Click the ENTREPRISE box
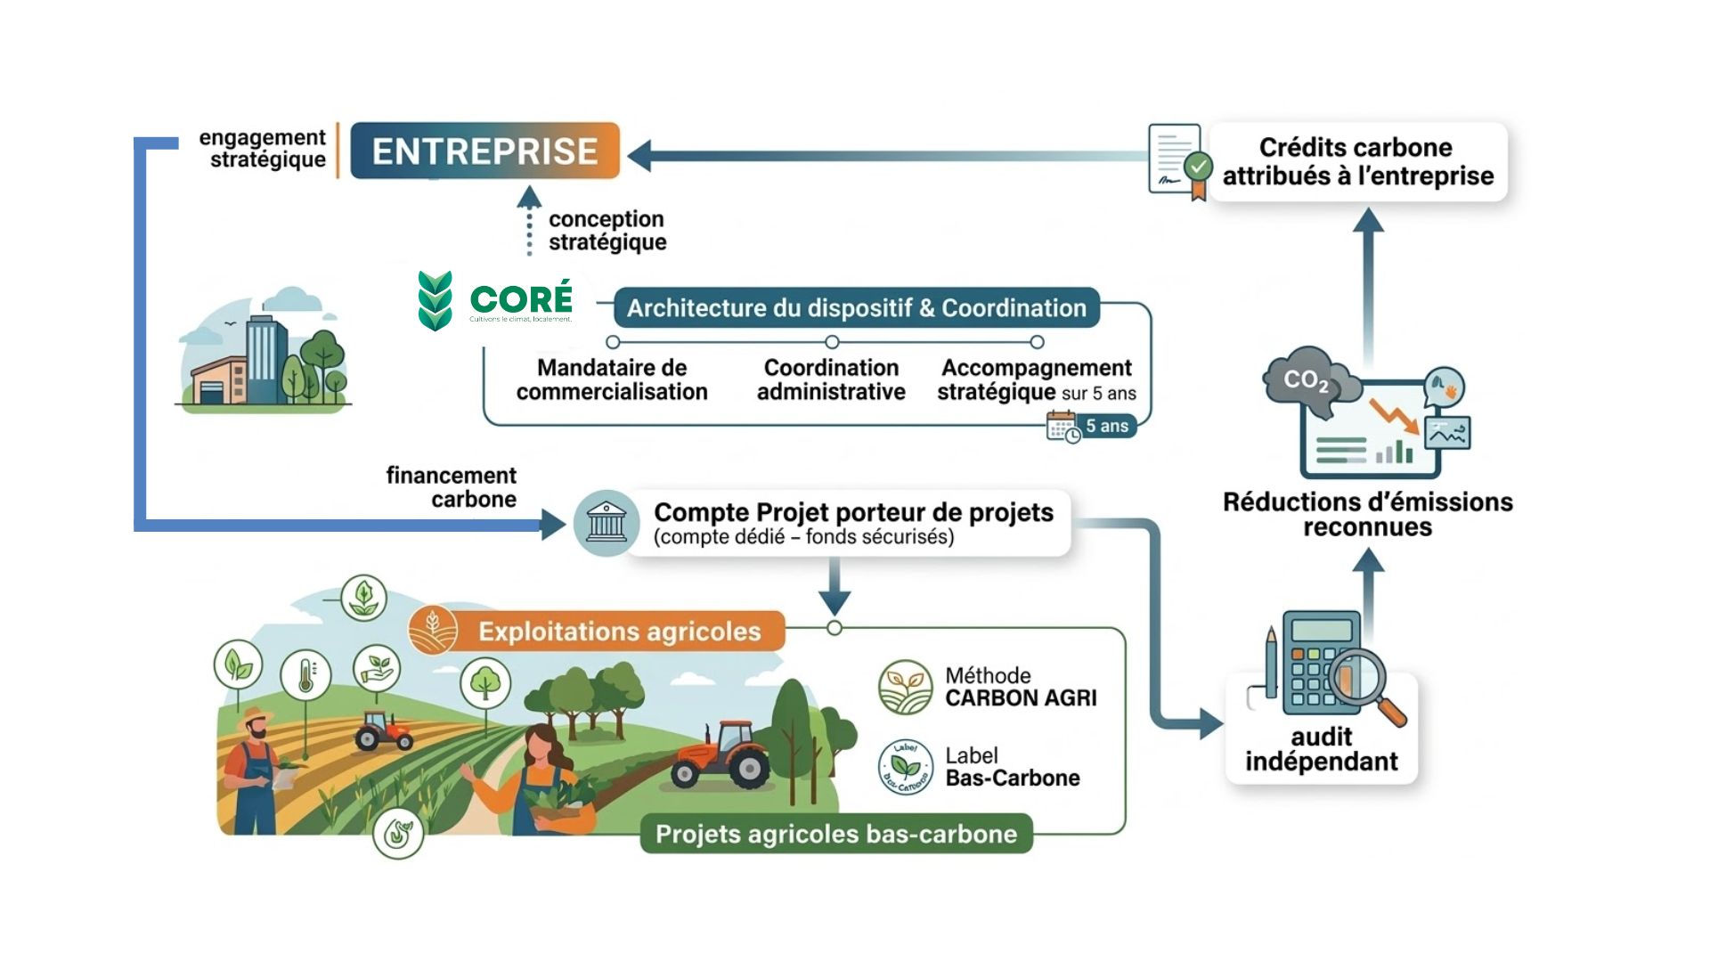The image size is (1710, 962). [x=484, y=151]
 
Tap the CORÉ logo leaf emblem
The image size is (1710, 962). [x=435, y=301]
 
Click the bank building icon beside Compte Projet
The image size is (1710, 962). [x=607, y=523]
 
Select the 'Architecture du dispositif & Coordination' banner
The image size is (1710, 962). [x=856, y=308]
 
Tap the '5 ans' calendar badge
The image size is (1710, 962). [x=1092, y=427]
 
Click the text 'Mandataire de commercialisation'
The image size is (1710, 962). [x=612, y=379]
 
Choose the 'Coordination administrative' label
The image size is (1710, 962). [x=831, y=379]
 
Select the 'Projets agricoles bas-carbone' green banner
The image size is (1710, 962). [x=835, y=835]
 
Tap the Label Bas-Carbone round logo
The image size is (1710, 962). [x=905, y=767]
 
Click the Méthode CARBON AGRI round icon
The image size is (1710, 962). [x=905, y=687]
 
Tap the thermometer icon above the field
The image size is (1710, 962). [x=305, y=675]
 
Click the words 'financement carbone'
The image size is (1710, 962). [x=452, y=487]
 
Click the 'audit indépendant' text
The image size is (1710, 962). [x=1321, y=749]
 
